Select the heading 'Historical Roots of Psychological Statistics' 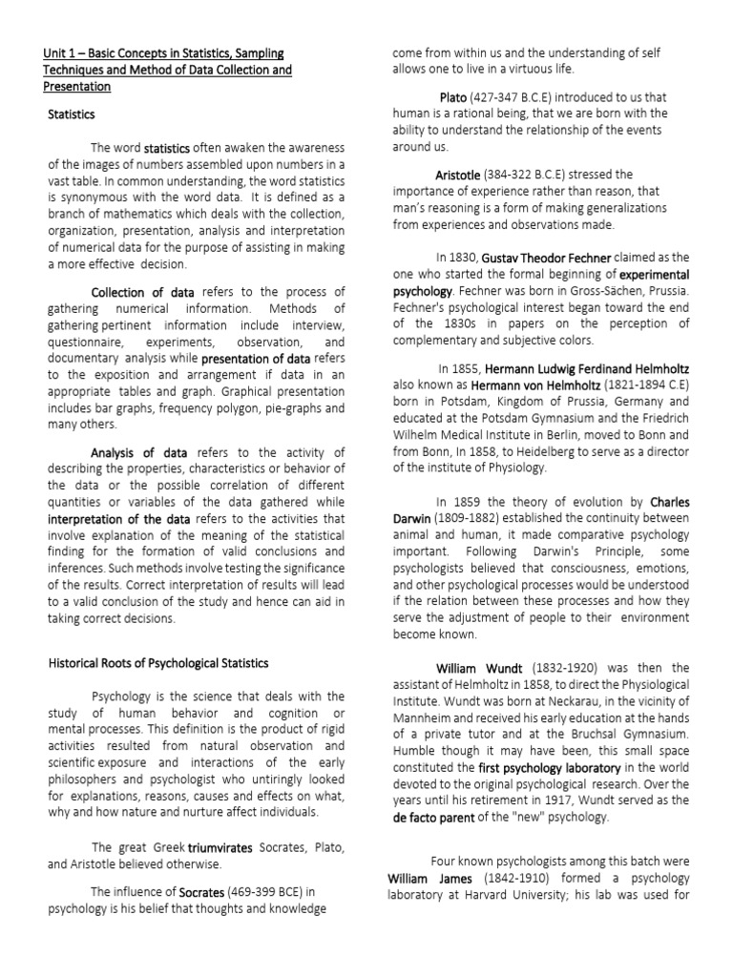157,663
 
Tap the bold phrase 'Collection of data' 142,292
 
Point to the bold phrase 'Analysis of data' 142,452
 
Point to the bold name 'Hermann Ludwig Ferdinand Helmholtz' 587,368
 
